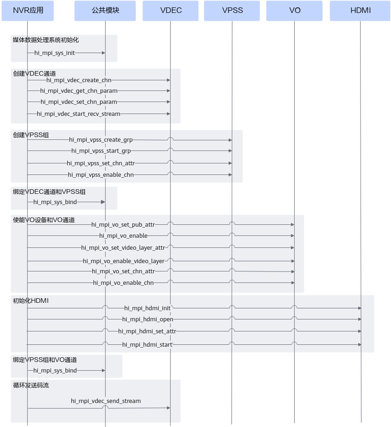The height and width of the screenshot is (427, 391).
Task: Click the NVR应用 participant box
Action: click(28, 11)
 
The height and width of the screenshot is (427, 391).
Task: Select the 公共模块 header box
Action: click(105, 11)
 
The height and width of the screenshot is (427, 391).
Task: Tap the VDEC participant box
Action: click(171, 11)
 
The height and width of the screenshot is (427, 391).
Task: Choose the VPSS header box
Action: click(232, 11)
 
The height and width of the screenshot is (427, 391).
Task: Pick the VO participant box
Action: click(295, 11)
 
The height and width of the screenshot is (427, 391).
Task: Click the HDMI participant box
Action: click(360, 11)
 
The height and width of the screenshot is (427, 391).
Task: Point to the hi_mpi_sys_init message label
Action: click(54, 53)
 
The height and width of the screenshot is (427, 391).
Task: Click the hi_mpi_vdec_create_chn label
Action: click(79, 80)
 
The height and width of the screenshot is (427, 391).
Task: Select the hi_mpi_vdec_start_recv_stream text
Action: click(78, 114)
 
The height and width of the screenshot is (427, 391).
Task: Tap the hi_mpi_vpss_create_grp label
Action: click(101, 140)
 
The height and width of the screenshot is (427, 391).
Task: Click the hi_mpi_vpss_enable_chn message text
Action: click(101, 175)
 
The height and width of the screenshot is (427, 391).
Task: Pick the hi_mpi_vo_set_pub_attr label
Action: click(123, 225)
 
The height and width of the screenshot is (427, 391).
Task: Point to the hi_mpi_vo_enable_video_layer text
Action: click(124, 261)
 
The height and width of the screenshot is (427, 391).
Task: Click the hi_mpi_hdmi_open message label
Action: click(148, 319)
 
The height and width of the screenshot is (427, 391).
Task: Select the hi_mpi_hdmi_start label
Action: click(147, 345)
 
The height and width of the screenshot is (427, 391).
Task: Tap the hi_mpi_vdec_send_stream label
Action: click(106, 401)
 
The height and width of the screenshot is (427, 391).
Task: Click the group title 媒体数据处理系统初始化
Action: click(46, 40)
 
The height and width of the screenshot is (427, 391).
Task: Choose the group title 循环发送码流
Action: click(31, 385)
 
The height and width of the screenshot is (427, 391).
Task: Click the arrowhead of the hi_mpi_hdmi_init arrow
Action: click(360, 308)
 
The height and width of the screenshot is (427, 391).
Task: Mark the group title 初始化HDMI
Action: click(31, 301)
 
